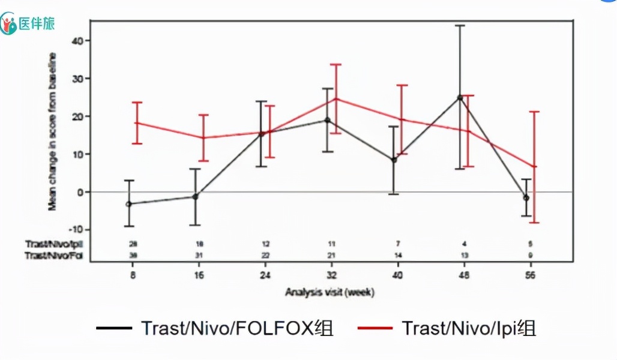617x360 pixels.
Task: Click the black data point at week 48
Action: tap(460, 97)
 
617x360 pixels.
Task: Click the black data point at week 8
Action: tap(129, 204)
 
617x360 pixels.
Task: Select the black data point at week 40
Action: tap(394, 160)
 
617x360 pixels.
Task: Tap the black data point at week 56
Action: tap(526, 197)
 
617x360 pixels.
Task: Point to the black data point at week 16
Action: tap(195, 196)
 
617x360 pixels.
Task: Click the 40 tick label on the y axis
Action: tap(77, 41)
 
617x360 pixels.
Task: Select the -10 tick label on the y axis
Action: tap(75, 230)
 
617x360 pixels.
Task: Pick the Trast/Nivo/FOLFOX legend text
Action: tap(236, 328)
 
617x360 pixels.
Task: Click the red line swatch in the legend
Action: tap(375, 328)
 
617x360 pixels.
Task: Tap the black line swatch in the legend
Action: tap(114, 328)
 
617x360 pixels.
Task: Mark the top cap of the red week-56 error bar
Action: tap(534, 112)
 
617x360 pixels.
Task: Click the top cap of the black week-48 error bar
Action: tap(460, 26)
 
